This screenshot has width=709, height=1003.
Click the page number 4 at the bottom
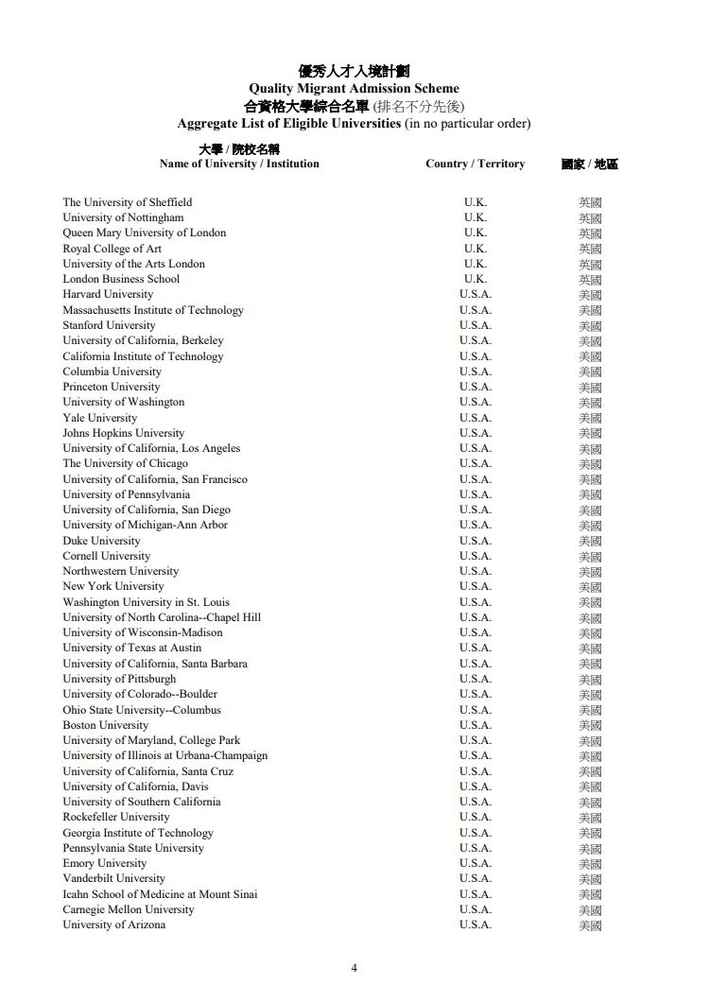pyautogui.click(x=354, y=967)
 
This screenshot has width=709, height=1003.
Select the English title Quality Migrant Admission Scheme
pyautogui.click(x=354, y=89)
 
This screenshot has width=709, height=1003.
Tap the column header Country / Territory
pyautogui.click(x=475, y=164)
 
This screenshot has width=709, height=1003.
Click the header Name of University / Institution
pyautogui.click(x=239, y=164)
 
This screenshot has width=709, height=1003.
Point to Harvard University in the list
pyautogui.click(x=108, y=294)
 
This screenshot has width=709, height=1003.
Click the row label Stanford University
pyautogui.click(x=109, y=325)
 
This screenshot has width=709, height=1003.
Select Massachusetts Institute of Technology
pyautogui.click(x=153, y=310)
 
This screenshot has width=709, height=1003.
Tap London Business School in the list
pyautogui.click(x=121, y=279)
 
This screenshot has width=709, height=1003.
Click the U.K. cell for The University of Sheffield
pyautogui.click(x=476, y=202)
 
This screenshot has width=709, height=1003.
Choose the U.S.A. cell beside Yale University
pyautogui.click(x=476, y=418)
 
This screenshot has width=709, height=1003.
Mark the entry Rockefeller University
pyautogui.click(x=116, y=817)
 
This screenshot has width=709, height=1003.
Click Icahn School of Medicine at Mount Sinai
pyautogui.click(x=160, y=894)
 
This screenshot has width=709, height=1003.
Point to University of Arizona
pyautogui.click(x=113, y=925)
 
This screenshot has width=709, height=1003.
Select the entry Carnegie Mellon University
pyautogui.click(x=129, y=909)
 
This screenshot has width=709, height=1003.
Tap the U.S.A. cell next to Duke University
pyautogui.click(x=476, y=541)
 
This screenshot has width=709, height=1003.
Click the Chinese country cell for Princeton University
pyautogui.click(x=590, y=388)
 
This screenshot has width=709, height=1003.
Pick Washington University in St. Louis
pyautogui.click(x=146, y=602)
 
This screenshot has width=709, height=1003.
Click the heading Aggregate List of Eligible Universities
pyautogui.click(x=289, y=124)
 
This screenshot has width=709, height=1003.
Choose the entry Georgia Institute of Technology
pyautogui.click(x=138, y=833)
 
